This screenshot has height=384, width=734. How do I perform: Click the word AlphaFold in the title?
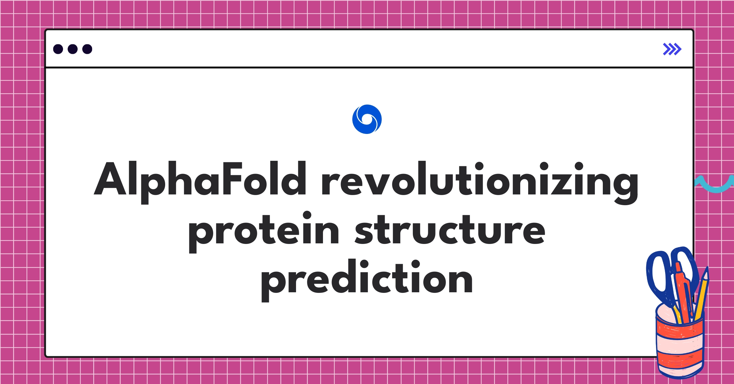(x=200, y=179)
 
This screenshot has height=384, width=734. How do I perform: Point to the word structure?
(x=450, y=230)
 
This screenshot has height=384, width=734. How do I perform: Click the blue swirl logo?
(x=367, y=119)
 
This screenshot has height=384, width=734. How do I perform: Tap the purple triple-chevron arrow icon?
(x=672, y=49)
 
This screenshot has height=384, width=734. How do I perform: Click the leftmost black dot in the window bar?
(x=58, y=49)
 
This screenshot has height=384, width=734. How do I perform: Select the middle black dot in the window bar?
(x=72, y=49)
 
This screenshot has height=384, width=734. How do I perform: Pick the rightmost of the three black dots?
(x=87, y=49)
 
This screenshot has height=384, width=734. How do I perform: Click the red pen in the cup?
(x=684, y=294)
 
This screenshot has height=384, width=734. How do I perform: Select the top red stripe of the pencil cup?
(x=679, y=332)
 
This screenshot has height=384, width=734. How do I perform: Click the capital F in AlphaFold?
(x=232, y=179)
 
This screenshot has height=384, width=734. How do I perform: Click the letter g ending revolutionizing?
(x=625, y=183)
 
